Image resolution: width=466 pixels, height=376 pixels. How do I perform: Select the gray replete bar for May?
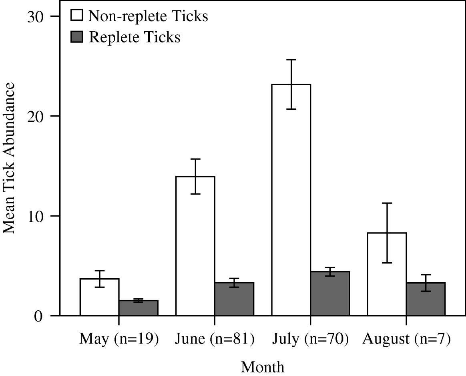138,308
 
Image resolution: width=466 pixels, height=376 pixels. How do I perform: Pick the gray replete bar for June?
234,299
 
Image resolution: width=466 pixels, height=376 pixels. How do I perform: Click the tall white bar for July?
291,200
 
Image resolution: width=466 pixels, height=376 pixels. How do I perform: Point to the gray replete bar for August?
426,299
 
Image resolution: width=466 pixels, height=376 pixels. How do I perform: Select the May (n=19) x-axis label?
119,340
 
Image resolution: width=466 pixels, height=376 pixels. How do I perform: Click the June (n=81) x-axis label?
215,340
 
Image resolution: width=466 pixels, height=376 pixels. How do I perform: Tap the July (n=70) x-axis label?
310,340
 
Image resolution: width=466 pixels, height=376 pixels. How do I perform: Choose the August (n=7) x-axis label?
406,340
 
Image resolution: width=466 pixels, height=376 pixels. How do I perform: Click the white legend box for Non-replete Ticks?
77,16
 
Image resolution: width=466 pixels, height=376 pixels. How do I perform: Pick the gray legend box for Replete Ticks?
77,37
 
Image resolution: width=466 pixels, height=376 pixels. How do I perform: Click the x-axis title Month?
263,366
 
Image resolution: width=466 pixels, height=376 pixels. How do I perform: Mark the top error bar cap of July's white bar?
291,60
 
